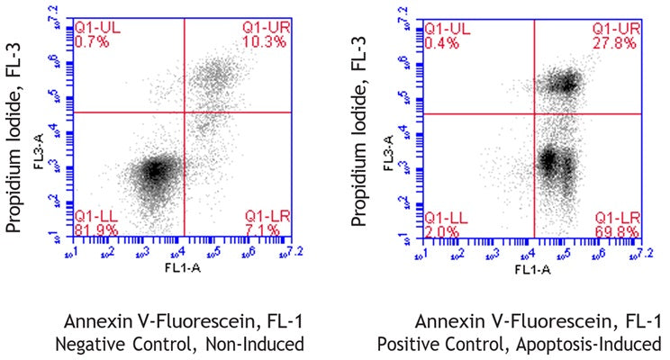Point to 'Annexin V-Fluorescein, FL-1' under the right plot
tap(539, 322)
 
